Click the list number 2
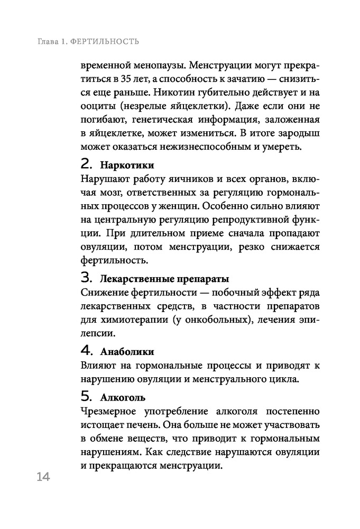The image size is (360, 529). click(87, 163)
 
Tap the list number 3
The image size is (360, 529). click(87, 277)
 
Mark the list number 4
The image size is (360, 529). click(87, 350)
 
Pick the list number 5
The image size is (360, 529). click(87, 396)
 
